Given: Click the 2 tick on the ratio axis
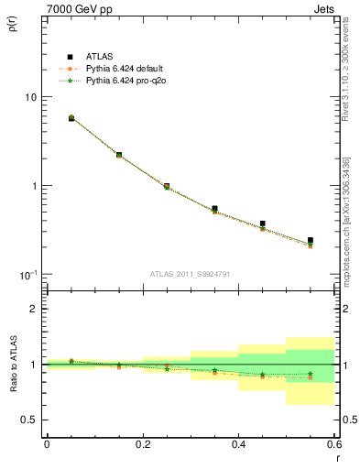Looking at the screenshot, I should [x=34, y=309].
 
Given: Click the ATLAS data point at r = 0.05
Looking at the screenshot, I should [x=71, y=118].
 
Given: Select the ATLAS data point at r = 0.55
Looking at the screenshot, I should [x=311, y=241].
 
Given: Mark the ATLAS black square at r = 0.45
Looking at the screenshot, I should [x=263, y=224].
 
